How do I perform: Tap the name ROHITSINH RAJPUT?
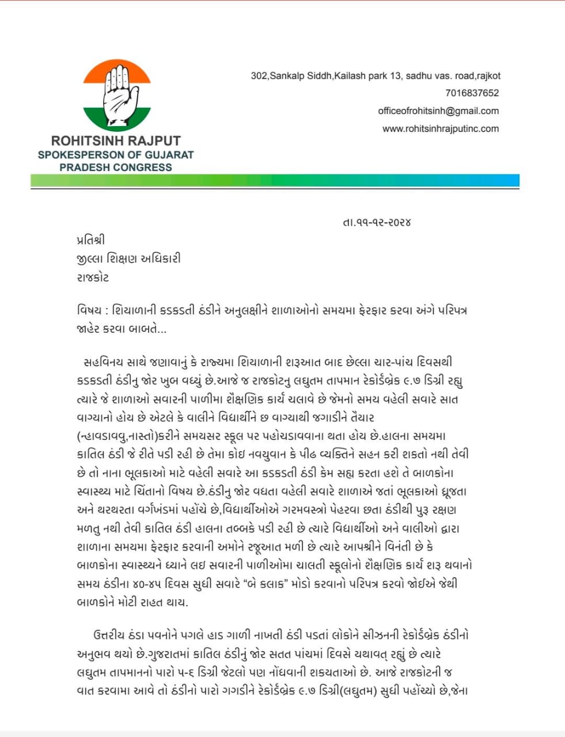[x=116, y=141]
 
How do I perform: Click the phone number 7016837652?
[x=472, y=93]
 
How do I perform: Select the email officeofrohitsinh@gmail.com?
[x=438, y=111]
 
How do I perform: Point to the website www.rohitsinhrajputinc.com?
[x=441, y=129]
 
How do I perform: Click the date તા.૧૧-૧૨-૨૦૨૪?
[x=376, y=222]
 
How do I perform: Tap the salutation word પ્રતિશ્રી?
[x=91, y=240]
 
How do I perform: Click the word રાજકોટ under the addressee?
[x=93, y=277]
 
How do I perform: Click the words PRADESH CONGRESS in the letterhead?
[x=116, y=168]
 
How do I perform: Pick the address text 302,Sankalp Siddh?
[x=291, y=76]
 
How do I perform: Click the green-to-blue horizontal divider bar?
[x=275, y=181]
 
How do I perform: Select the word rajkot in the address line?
[x=488, y=76]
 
